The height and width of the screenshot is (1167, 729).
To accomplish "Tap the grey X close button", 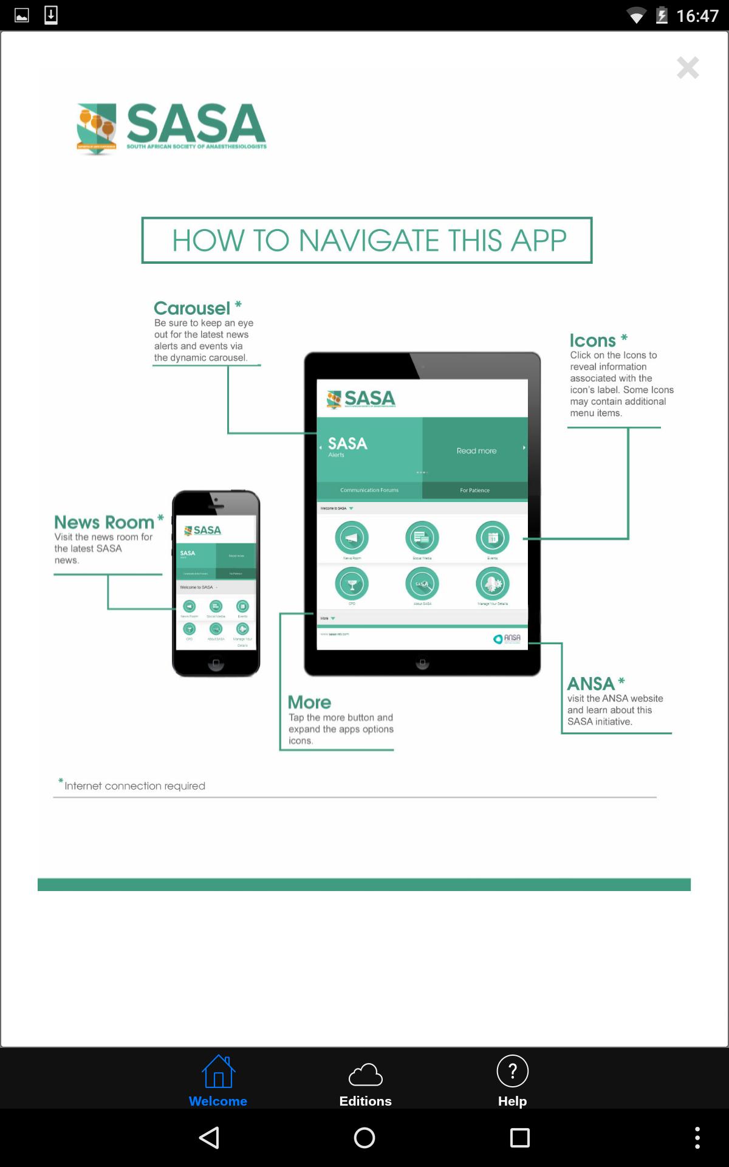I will (688, 67).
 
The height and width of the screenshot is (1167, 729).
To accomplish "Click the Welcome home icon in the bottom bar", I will (218, 1072).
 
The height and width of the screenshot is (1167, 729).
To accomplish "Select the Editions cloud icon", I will (365, 1074).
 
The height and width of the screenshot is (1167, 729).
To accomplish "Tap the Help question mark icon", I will (512, 1071).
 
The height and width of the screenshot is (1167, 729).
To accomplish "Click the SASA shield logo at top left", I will (96, 128).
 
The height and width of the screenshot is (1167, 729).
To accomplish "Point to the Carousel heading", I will (192, 308).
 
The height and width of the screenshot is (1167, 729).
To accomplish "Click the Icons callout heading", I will (593, 340).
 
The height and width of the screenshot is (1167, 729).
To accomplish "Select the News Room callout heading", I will (104, 522).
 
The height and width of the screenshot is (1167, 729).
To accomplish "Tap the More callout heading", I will (309, 702).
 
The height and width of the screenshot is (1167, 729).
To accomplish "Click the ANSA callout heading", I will (591, 684).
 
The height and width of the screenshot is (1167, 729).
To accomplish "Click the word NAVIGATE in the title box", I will (369, 241).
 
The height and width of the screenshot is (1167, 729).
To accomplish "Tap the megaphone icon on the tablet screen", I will (352, 538).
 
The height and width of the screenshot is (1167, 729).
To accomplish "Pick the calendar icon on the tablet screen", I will (492, 538).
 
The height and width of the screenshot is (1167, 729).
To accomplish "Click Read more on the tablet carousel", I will (476, 450).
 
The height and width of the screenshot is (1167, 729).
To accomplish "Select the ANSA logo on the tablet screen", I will (507, 638).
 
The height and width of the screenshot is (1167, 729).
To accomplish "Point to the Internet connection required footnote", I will (134, 786).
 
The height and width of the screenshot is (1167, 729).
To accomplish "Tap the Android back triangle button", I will (209, 1138).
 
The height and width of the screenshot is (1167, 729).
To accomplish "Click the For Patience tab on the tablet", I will (474, 490).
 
